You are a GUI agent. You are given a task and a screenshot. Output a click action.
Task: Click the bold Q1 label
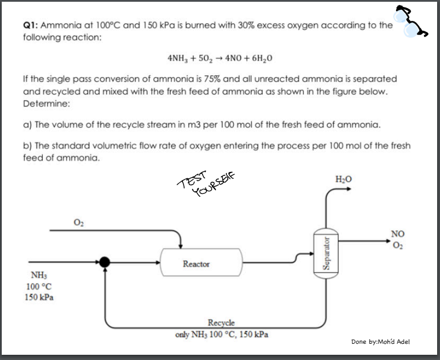[x=30, y=26]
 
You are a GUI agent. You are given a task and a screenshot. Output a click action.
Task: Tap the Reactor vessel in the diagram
[x=197, y=263]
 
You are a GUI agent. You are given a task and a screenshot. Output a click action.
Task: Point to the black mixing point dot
[x=105, y=262]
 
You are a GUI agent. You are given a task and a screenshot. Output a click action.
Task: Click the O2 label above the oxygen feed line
[x=78, y=221]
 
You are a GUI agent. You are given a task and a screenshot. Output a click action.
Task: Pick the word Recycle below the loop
[x=221, y=323]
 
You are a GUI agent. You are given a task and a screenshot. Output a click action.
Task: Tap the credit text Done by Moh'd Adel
[x=380, y=341]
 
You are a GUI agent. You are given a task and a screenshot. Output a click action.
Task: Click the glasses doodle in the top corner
[x=412, y=21]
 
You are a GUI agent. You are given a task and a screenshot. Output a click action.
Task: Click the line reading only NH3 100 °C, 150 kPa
[x=221, y=334]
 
